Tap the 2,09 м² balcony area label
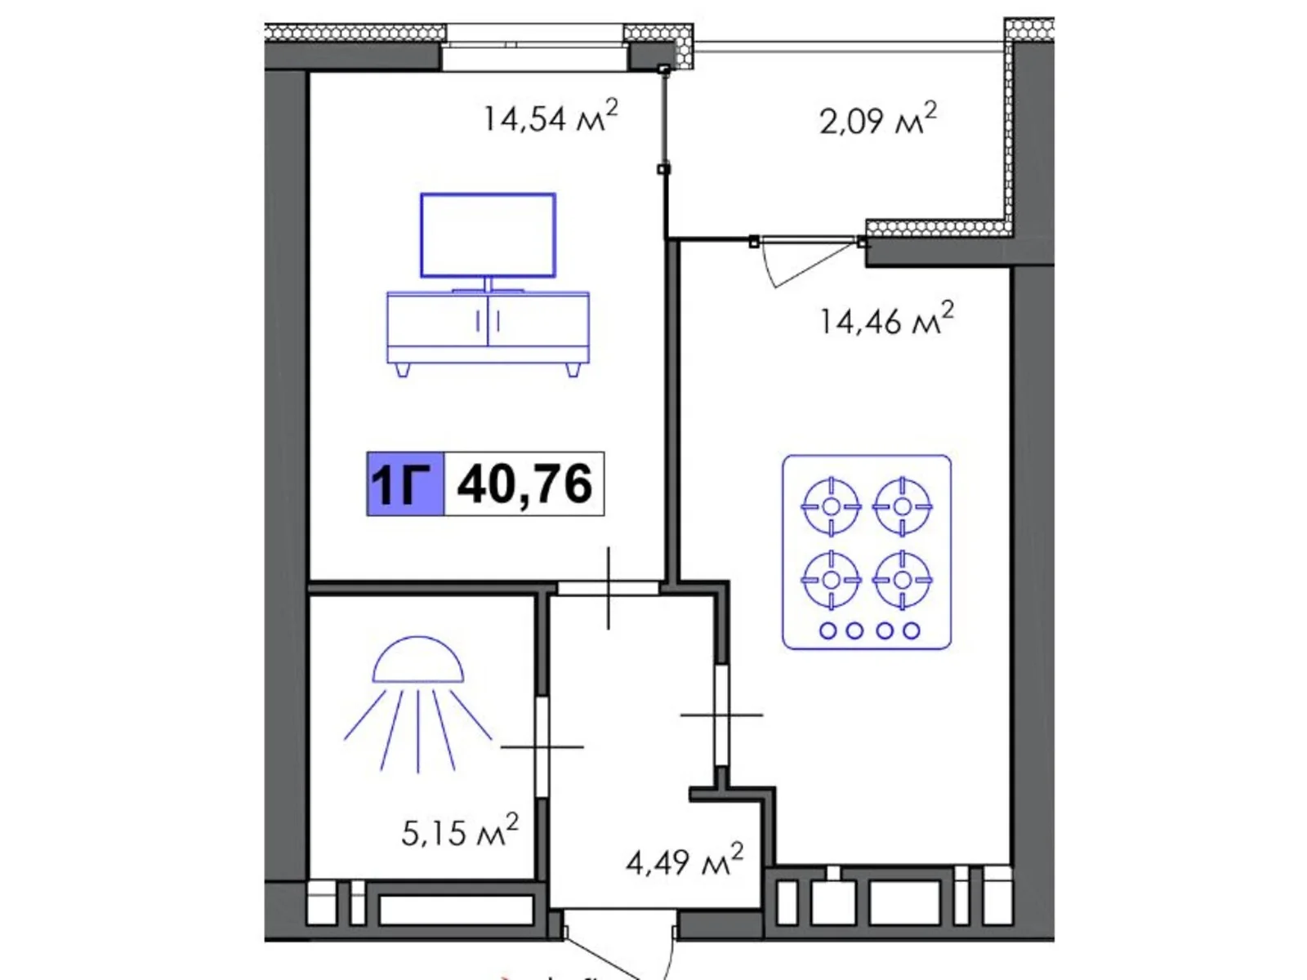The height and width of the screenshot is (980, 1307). [x=877, y=119]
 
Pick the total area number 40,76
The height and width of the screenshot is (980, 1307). [x=524, y=483]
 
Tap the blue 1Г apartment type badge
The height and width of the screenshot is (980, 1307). [x=405, y=483]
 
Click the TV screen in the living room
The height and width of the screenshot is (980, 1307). [x=488, y=235]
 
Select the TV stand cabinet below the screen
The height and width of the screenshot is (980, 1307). [x=488, y=327]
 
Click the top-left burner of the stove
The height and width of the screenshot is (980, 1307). [x=831, y=506]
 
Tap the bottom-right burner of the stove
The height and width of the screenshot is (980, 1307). [x=902, y=580]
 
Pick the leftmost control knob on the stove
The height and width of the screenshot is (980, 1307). [x=827, y=630]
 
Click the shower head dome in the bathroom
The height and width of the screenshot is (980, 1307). [x=418, y=661]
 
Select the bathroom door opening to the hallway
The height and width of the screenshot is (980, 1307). [x=542, y=746]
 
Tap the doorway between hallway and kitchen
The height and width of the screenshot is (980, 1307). [x=721, y=715]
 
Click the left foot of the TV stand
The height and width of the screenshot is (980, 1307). [x=403, y=370]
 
